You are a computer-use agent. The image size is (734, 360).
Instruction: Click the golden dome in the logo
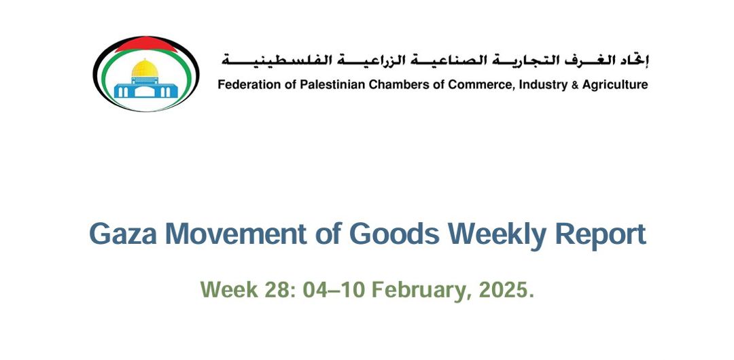point(145,68)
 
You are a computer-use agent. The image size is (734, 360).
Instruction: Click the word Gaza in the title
point(123,234)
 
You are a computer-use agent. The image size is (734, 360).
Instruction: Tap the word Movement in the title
point(237,234)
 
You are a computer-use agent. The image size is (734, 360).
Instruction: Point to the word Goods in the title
point(394,234)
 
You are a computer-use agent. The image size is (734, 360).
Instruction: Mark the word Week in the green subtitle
point(229,290)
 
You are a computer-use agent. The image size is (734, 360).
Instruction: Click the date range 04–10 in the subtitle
point(334,290)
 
